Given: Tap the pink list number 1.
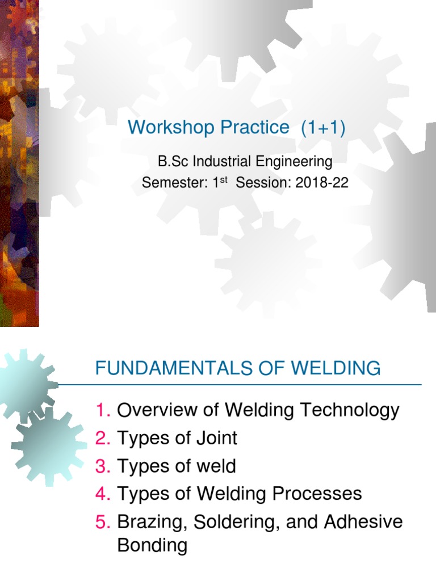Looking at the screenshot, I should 103,410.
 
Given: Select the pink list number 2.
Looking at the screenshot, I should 103,438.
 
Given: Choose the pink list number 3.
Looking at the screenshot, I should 103,466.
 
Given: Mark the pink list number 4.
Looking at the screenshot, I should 103,494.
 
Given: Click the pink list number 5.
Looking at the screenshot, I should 103,522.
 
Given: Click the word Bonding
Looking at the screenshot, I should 152,546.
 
